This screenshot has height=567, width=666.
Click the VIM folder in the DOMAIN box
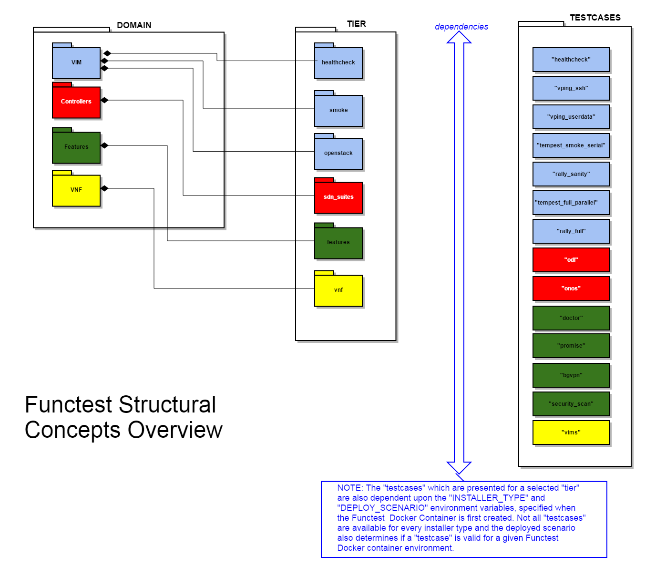[76, 62]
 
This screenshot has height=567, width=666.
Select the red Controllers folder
[76, 102]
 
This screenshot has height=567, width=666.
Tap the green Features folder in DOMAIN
[76, 147]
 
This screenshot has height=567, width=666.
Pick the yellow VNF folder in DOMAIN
[76, 190]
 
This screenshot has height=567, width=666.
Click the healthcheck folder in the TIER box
[338, 62]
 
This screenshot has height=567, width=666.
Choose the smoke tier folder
[338, 110]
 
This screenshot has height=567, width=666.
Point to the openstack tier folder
[338, 153]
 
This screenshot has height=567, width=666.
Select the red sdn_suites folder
[338, 197]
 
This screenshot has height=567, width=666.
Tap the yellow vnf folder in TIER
[338, 290]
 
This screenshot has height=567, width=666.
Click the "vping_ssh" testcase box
[571, 88]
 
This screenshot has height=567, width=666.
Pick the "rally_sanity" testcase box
[571, 174]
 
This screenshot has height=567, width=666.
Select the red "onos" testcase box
[571, 289]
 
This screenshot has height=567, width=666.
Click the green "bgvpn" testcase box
[571, 375]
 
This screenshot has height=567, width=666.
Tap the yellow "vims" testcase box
[571, 433]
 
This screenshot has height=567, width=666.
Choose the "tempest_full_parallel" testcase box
[571, 203]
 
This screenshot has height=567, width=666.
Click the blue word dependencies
[461, 27]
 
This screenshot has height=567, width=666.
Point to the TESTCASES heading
[595, 18]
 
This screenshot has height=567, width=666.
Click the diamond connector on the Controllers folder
[105, 100]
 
